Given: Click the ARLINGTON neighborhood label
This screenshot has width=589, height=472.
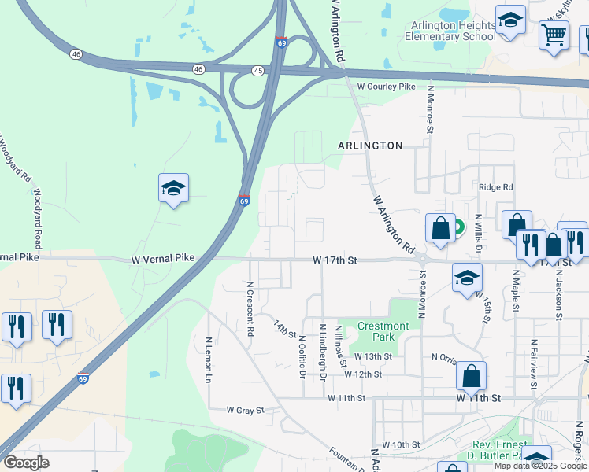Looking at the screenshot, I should (370, 146).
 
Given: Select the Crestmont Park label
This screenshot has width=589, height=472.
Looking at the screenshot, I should (383, 331).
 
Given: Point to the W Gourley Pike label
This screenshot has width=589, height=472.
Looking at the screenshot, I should (386, 87).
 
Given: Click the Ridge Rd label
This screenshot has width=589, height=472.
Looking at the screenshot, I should (496, 187).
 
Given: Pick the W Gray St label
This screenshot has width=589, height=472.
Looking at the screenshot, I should (245, 410).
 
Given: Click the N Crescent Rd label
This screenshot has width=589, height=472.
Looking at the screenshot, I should (250, 309).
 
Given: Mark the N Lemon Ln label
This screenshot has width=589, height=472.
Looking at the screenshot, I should (209, 360).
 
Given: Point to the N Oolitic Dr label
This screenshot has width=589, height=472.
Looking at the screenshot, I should (302, 356).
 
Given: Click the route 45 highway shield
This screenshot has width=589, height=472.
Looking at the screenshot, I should (259, 70).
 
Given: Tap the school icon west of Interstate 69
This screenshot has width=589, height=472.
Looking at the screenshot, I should (173, 188).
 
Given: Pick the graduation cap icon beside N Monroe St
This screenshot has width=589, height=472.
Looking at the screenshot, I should (467, 277).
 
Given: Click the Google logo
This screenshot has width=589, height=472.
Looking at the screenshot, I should (27, 463).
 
